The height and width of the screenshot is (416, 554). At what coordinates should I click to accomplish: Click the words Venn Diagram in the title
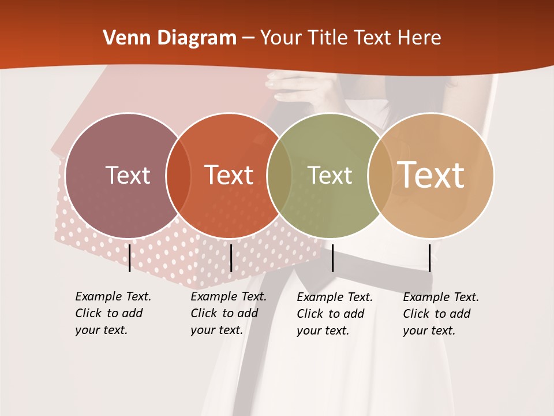point(169,38)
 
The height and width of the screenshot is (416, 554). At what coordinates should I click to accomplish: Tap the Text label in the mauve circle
point(128,175)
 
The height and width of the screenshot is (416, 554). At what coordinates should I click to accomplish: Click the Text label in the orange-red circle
point(229,175)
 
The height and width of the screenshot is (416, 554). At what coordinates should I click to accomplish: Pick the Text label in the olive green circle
point(330,175)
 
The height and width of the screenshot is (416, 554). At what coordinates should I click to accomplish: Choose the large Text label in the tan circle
point(431,174)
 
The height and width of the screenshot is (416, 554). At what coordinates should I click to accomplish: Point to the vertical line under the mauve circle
point(130,258)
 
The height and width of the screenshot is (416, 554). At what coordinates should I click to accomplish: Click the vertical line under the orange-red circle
point(231,258)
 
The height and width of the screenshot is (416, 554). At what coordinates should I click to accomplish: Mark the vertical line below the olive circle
point(333,258)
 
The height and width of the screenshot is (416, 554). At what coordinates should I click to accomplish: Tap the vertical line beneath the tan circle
point(429,258)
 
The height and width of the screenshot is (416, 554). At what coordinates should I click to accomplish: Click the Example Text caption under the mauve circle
point(113,313)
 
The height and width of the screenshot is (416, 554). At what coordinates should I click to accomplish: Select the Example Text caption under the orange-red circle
point(229,313)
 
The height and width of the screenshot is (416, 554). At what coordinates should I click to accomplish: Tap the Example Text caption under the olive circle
point(335,314)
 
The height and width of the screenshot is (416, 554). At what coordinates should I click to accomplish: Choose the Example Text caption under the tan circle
point(441,314)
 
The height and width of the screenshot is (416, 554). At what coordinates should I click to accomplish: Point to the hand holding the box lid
point(294,87)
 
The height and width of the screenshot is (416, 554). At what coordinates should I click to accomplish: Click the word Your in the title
point(281,38)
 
